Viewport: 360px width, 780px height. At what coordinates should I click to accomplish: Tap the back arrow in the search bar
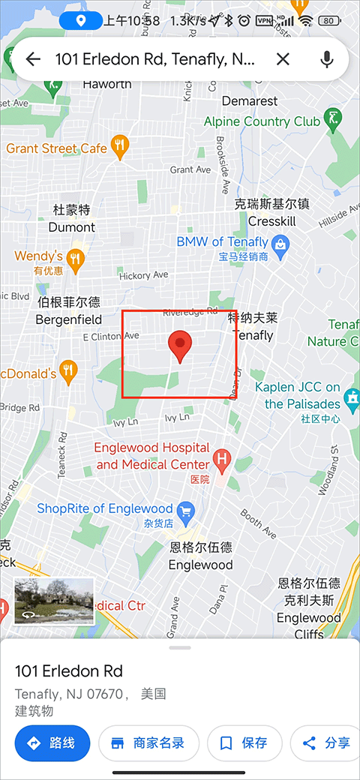coord(33,59)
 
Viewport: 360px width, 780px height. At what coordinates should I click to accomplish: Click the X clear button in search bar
coord(283,59)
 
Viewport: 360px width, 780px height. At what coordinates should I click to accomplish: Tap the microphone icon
coord(327,59)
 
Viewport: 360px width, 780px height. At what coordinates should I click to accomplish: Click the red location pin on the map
coord(180,345)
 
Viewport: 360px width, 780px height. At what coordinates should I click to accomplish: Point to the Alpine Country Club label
coord(262,121)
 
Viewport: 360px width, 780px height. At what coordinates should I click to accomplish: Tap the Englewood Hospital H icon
coord(222,457)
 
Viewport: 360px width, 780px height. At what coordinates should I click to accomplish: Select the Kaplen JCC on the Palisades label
coord(297,395)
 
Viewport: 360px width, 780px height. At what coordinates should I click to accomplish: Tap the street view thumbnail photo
coord(54,600)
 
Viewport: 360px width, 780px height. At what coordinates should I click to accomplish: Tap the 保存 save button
coord(244,743)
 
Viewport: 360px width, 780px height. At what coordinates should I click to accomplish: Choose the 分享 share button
coord(327,743)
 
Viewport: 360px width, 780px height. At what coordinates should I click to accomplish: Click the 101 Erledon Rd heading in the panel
coord(69,671)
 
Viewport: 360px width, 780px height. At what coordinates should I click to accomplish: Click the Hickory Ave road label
coord(143,275)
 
